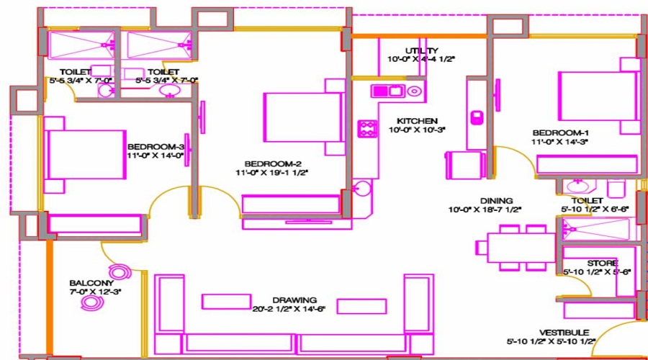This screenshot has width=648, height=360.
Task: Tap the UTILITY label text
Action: (x=422, y=50)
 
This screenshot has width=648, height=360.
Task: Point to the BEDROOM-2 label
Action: (x=267, y=163)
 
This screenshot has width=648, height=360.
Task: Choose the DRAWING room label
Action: (x=294, y=300)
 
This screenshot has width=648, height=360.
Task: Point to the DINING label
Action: (x=497, y=201)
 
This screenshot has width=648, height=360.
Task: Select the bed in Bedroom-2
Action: (x=303, y=117)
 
